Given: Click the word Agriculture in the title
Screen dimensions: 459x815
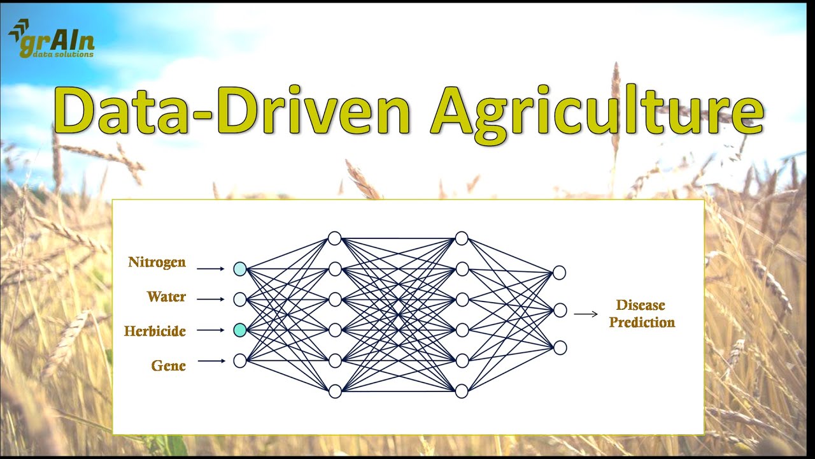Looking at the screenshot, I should tap(597, 110).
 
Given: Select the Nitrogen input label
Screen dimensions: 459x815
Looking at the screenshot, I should tap(157, 262).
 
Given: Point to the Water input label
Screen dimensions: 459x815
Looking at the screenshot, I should tap(166, 296).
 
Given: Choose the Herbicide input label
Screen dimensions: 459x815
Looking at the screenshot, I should tap(155, 331).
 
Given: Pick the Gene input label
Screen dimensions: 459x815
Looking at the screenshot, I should tap(168, 365).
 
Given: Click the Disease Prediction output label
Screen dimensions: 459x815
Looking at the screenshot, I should tap(641, 314).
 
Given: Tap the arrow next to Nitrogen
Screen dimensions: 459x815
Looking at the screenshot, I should tap(211, 269).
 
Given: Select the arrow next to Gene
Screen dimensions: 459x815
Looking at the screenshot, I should tap(211, 361).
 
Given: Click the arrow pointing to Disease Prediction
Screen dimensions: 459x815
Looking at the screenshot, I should tap(586, 313).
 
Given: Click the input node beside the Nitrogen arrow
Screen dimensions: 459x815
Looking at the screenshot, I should tap(239, 269).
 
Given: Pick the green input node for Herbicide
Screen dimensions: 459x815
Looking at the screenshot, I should tap(239, 330).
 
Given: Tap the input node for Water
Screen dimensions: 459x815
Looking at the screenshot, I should tap(239, 300).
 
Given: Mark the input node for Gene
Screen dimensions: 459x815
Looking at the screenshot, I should tap(239, 361).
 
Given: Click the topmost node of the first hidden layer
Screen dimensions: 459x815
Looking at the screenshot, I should tap(335, 238).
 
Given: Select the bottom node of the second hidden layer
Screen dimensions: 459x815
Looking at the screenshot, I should tap(462, 391).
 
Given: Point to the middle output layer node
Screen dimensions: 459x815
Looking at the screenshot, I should tap(559, 310).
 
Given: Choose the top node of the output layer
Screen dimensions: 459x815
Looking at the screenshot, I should tap(559, 273).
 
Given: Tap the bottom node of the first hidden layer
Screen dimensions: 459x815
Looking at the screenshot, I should tap(335, 391).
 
